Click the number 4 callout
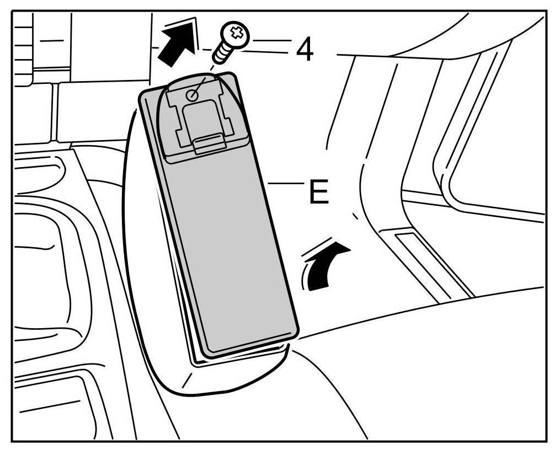305,50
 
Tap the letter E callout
318,193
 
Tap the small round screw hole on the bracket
191,95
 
